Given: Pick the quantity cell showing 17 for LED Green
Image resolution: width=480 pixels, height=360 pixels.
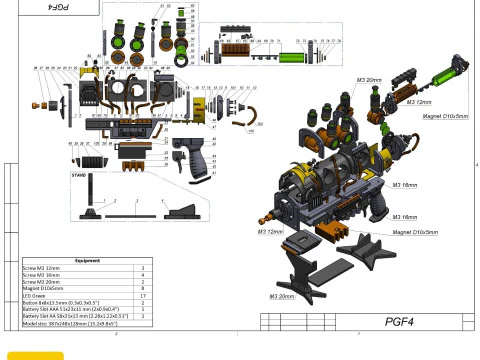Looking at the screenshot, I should click(144, 296).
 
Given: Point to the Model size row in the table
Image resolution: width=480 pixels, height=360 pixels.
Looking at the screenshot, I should click(70, 323).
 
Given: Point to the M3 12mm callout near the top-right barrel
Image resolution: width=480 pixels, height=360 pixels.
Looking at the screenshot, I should click(418, 101).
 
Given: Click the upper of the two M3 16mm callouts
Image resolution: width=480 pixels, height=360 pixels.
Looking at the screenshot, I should click(404, 185).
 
